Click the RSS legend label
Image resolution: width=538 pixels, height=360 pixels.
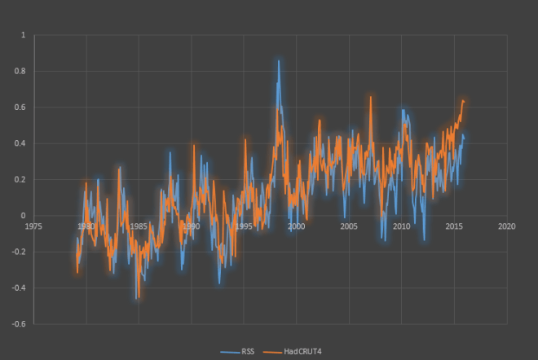point(248,351)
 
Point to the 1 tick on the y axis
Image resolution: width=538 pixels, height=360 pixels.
point(23,35)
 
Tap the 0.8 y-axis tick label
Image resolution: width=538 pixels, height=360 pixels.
point(20,72)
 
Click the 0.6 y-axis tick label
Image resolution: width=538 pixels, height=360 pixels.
point(20,108)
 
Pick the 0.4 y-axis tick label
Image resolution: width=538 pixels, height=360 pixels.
point(20,143)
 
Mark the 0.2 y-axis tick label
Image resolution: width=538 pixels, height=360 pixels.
point(20,180)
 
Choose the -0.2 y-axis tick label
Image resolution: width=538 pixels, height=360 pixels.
point(19,252)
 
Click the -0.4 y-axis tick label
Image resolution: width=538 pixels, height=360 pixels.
point(19,288)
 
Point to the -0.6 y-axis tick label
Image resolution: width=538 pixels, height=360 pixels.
point(19,324)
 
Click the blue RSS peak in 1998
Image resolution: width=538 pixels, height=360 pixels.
point(278,61)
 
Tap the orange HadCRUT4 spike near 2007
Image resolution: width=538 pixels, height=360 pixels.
point(370,97)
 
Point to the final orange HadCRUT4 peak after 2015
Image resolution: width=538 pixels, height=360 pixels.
point(463,101)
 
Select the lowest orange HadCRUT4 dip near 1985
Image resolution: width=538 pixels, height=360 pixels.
point(137,298)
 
